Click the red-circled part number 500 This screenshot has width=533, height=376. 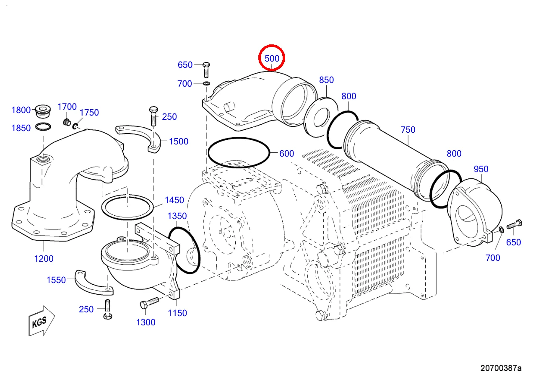(272, 59)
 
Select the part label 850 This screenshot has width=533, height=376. (326, 80)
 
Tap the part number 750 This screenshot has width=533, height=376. (408, 130)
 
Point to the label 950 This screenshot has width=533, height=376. (481, 169)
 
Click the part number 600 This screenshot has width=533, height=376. (286, 154)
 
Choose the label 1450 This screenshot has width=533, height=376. (174, 200)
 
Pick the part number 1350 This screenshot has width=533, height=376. (177, 216)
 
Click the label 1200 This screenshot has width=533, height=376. (44, 259)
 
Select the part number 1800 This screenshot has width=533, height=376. (21, 110)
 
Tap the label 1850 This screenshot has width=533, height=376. (21, 128)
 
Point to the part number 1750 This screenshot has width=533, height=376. (89, 113)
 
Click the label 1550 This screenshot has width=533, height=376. (56, 280)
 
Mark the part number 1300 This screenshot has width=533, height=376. (146, 322)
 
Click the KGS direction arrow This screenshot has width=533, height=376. (42, 321)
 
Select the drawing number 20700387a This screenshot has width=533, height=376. (501, 368)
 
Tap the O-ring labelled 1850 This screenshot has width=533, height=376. (43, 126)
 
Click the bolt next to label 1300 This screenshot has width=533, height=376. (149, 303)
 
